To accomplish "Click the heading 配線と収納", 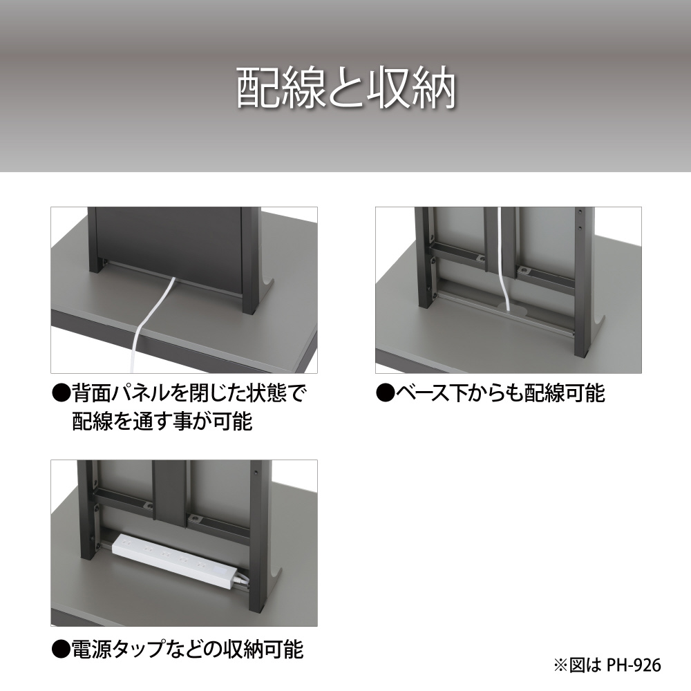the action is click(346, 88).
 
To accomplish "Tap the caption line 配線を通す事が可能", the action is click(162, 421).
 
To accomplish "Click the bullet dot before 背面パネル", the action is click(61, 393).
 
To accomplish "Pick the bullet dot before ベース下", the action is click(385, 393).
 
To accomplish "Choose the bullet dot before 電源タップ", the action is click(61, 650).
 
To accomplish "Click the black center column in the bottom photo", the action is click(168, 493).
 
